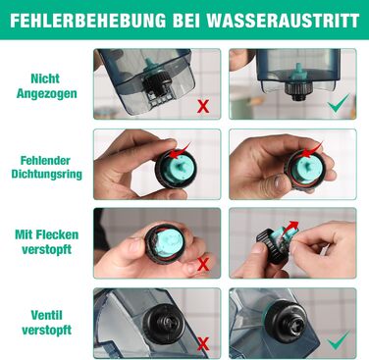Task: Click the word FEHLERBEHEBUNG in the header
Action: pyautogui.click(x=87, y=21)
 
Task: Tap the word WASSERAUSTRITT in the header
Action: pyautogui.click(x=283, y=21)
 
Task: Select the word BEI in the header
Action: pyautogui.click(x=186, y=21)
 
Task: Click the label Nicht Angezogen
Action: pyautogui.click(x=47, y=86)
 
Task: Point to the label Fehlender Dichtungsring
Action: pyautogui.click(x=47, y=167)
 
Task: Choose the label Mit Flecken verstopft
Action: pyautogui.click(x=47, y=242)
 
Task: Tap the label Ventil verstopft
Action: pyautogui.click(x=47, y=323)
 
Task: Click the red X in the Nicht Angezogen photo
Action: pyautogui.click(x=203, y=106)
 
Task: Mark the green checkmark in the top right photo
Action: pyautogui.click(x=339, y=103)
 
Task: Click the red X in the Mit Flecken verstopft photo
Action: pyautogui.click(x=203, y=264)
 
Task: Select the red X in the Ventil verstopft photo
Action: pyautogui.click(x=203, y=344)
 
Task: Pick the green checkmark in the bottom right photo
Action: pyautogui.click(x=339, y=339)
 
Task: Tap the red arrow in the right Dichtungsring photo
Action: pyautogui.click(x=311, y=149)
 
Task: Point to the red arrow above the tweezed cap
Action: pyautogui.click(x=290, y=226)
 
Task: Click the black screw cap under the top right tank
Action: pyautogui.click(x=298, y=89)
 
